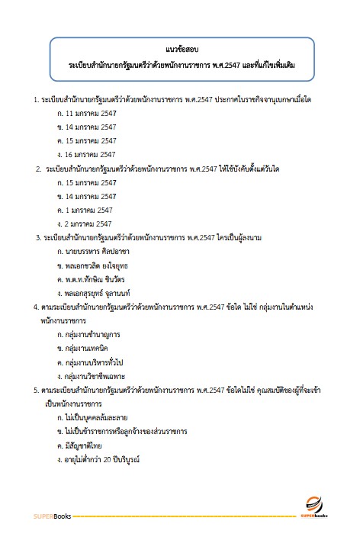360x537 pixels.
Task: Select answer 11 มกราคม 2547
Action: pyautogui.click(x=85, y=113)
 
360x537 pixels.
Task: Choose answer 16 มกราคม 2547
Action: pyautogui.click(x=85, y=154)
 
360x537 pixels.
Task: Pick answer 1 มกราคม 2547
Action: pyautogui.click(x=84, y=209)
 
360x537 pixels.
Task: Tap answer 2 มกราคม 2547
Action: pyautogui.click(x=84, y=223)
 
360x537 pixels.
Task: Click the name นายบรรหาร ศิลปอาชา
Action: pyautogui.click(x=92, y=250)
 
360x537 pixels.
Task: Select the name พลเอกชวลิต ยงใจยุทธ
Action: pyautogui.click(x=95, y=265)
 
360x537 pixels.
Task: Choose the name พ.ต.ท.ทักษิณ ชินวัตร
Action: pyautogui.click(x=94, y=278)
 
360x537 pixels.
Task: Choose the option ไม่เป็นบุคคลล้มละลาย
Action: pyautogui.click(x=92, y=417)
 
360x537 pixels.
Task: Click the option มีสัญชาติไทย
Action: pyautogui.click(x=79, y=445)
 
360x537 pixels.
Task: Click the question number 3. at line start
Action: pyautogui.click(x=38, y=236)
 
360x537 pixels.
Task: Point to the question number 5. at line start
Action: pyautogui.click(x=37, y=390)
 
